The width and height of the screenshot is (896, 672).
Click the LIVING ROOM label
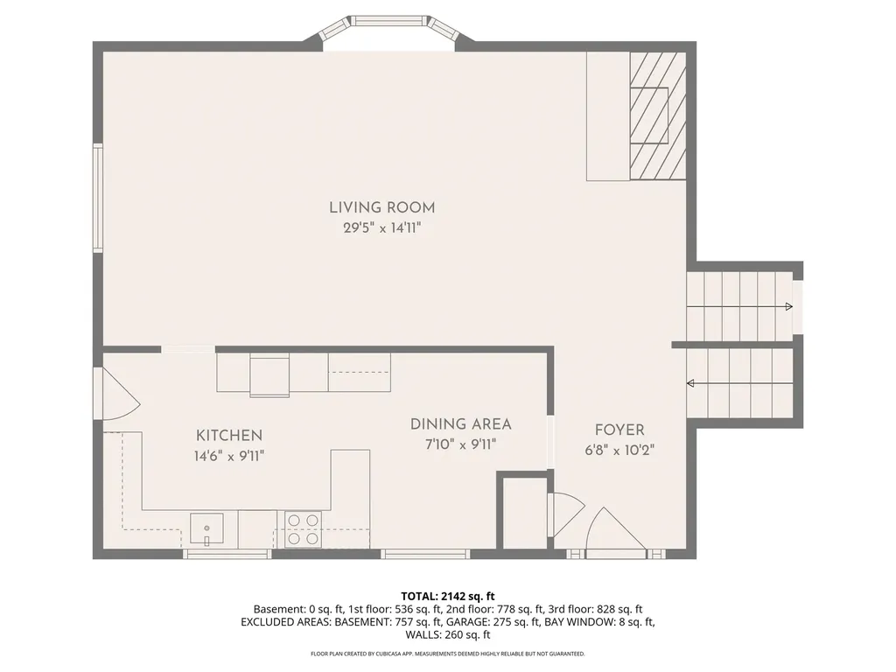point(381,207)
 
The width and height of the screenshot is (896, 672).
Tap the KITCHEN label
point(228,435)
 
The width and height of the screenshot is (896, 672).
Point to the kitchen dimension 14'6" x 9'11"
point(228,455)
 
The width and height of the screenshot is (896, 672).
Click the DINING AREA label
point(460,424)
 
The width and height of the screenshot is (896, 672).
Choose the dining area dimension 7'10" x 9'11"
point(460,444)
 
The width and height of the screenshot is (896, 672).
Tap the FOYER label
point(619,430)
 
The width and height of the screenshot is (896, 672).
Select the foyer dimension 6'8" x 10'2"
point(619,451)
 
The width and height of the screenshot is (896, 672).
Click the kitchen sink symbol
point(208,528)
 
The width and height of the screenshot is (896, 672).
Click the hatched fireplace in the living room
point(658,115)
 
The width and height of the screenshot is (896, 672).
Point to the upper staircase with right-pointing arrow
point(739,306)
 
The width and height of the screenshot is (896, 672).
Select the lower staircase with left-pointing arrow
point(739,383)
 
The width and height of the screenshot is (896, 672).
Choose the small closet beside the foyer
point(522,513)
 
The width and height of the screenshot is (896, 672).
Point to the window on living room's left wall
point(98,199)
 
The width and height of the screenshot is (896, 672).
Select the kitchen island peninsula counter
point(350,479)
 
